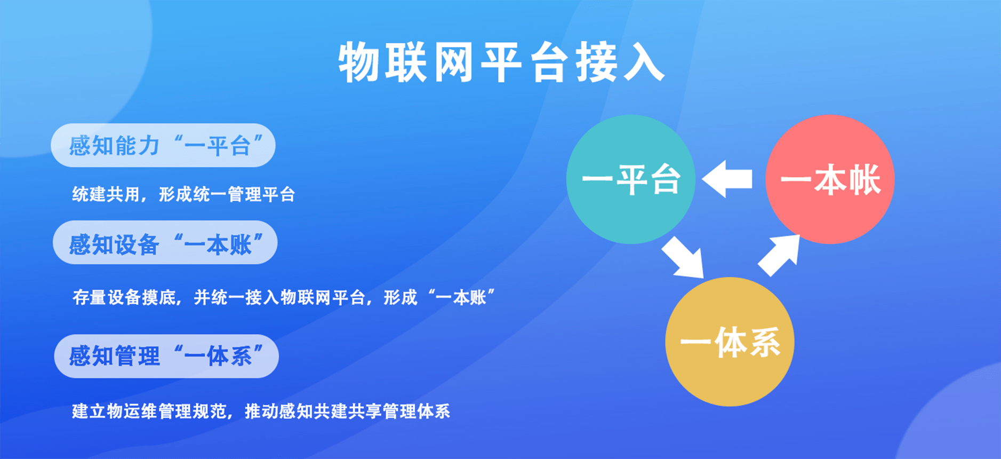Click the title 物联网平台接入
point(501,62)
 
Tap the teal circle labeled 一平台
point(630,179)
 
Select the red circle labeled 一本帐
point(830,179)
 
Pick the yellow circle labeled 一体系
point(730,342)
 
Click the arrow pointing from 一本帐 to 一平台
point(727,179)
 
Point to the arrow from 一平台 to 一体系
point(683,257)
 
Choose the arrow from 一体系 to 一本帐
point(779,255)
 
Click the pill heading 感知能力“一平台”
point(163,145)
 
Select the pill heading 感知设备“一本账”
point(165,242)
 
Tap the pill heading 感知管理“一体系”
point(166,356)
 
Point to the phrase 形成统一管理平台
point(227,194)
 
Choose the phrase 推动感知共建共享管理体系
point(347,411)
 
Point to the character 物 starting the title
point(358,63)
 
